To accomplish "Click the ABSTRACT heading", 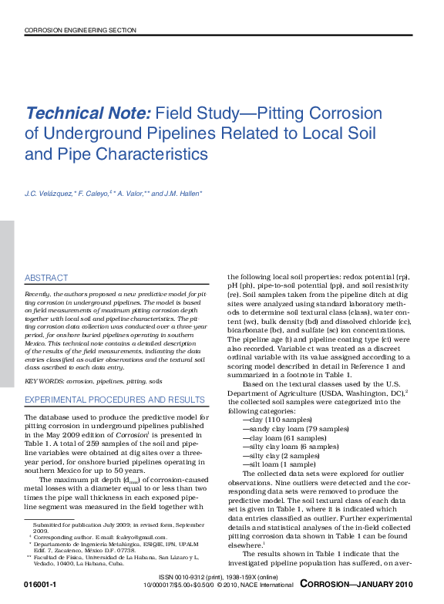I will click(46, 278).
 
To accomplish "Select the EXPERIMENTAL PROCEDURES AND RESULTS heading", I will click(115, 400).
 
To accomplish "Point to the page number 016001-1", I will click(40, 585).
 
